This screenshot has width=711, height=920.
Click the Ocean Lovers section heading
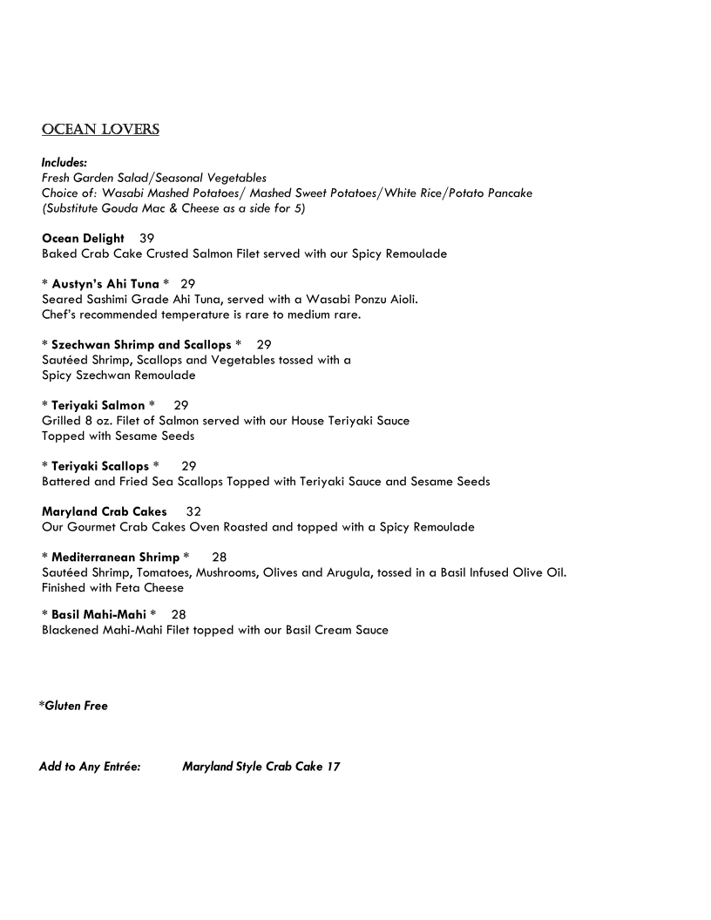click(100, 130)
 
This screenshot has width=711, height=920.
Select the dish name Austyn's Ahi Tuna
click(105, 285)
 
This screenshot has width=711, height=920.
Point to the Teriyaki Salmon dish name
click(98, 405)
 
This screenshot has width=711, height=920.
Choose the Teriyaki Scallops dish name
click(100, 466)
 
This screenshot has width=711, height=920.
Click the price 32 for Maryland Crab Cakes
click(193, 512)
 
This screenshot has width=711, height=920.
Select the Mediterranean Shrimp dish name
click(115, 557)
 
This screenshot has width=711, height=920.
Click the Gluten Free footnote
click(73, 706)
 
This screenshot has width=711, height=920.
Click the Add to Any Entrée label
click(90, 767)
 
